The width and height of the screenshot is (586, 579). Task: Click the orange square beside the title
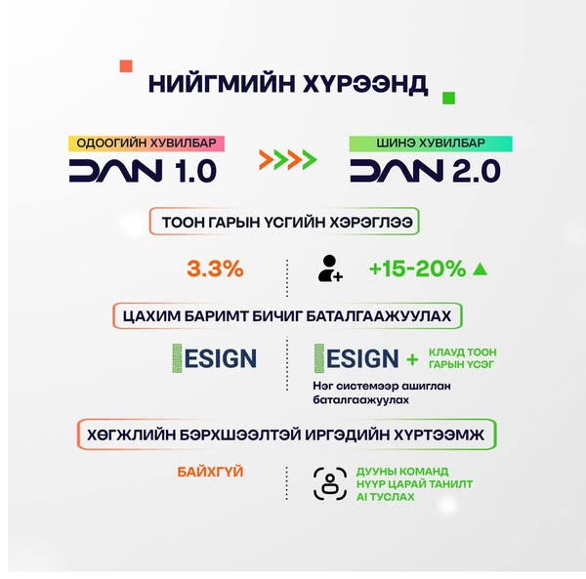click(126, 66)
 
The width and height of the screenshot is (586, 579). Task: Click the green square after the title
click(448, 98)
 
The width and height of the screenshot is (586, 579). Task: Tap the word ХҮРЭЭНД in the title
click(364, 83)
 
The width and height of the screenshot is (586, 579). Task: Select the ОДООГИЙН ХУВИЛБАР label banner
click(146, 144)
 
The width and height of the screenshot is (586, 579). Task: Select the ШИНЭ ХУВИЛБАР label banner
click(431, 144)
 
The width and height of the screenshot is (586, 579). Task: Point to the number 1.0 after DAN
click(195, 171)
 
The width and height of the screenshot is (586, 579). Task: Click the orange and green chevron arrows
click(288, 160)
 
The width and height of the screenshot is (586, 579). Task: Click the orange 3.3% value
click(215, 269)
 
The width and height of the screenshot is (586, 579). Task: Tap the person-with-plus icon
click(330, 269)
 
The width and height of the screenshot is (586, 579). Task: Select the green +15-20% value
click(417, 269)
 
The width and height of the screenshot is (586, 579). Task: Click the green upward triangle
click(480, 269)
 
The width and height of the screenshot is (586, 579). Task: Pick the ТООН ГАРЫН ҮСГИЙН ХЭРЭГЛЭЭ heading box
click(284, 222)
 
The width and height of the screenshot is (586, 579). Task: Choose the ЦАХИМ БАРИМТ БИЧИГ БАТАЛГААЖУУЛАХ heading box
click(287, 316)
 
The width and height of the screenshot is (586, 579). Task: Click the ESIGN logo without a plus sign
click(215, 358)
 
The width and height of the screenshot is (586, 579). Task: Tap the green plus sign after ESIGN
click(412, 359)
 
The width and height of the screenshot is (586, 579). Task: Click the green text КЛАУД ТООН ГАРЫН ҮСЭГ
click(462, 358)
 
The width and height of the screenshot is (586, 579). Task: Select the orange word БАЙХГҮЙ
click(210, 472)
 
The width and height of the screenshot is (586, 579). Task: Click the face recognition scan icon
click(330, 483)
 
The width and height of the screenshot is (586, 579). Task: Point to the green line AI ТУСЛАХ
click(386, 497)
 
